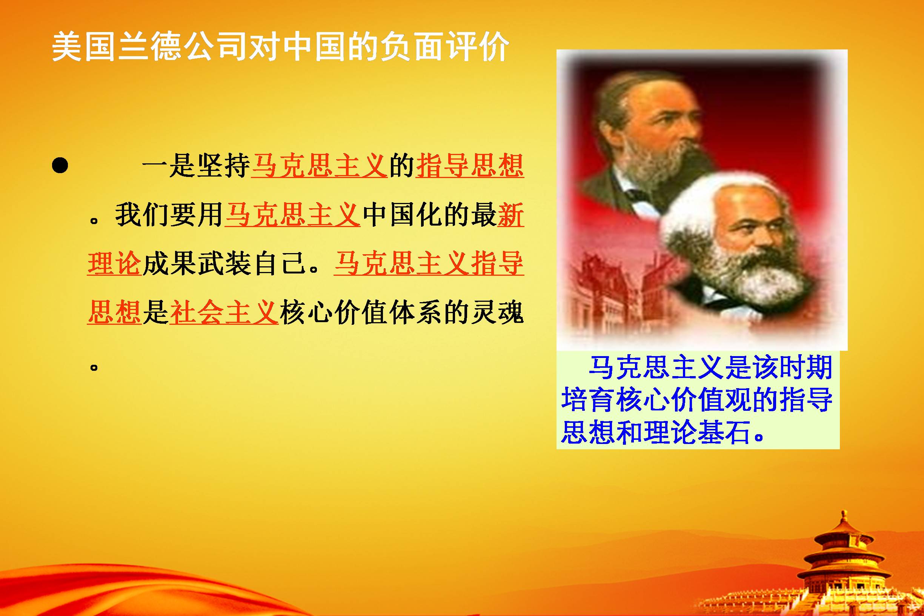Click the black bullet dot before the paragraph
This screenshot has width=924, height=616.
tap(60, 165)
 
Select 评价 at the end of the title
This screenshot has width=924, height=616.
tap(477, 48)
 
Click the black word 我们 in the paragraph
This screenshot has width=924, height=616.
tap(142, 215)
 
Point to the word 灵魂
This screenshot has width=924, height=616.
tap(497, 313)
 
